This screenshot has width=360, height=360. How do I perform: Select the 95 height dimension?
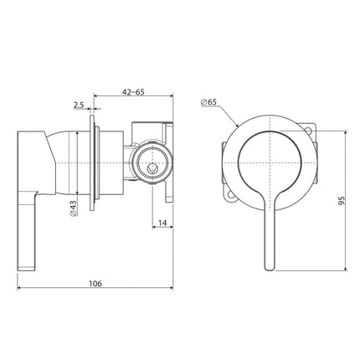tap(342, 201)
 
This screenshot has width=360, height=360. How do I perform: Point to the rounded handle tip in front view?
tap(268, 265)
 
